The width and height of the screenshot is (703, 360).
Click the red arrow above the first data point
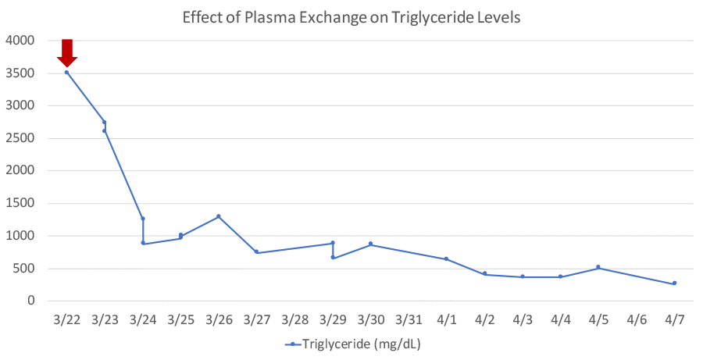(x=67, y=53)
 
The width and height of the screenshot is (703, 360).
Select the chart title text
(x=351, y=16)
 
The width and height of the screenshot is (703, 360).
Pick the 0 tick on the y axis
(x=30, y=301)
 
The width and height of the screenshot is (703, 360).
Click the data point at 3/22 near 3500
(x=66, y=73)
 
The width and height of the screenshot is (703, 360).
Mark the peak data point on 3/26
(x=219, y=216)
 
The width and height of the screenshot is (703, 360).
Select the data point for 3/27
(x=256, y=252)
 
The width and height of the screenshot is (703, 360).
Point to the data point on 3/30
(x=370, y=244)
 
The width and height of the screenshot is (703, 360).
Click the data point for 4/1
(x=447, y=258)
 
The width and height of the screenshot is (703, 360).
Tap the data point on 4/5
(x=598, y=267)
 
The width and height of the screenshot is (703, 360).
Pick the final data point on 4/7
(x=674, y=283)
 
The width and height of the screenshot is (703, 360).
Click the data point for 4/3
(x=523, y=276)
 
